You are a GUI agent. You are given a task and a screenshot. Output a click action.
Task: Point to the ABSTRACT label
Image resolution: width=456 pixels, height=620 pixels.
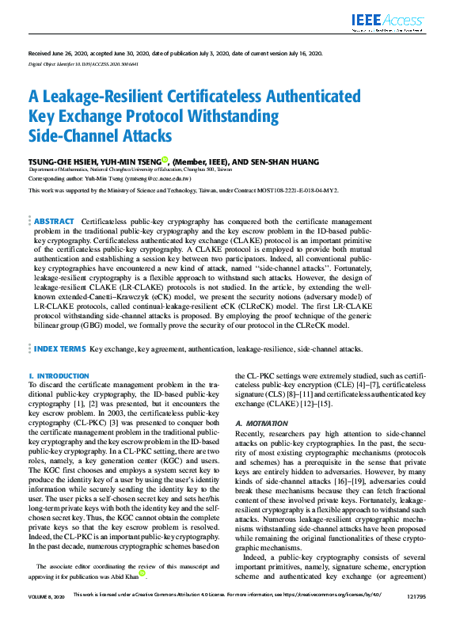click(54, 222)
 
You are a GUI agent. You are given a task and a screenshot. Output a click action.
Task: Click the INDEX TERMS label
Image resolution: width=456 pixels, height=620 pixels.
click(60, 348)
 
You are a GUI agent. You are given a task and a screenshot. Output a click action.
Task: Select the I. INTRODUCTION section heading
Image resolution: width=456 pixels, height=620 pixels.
click(59, 375)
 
